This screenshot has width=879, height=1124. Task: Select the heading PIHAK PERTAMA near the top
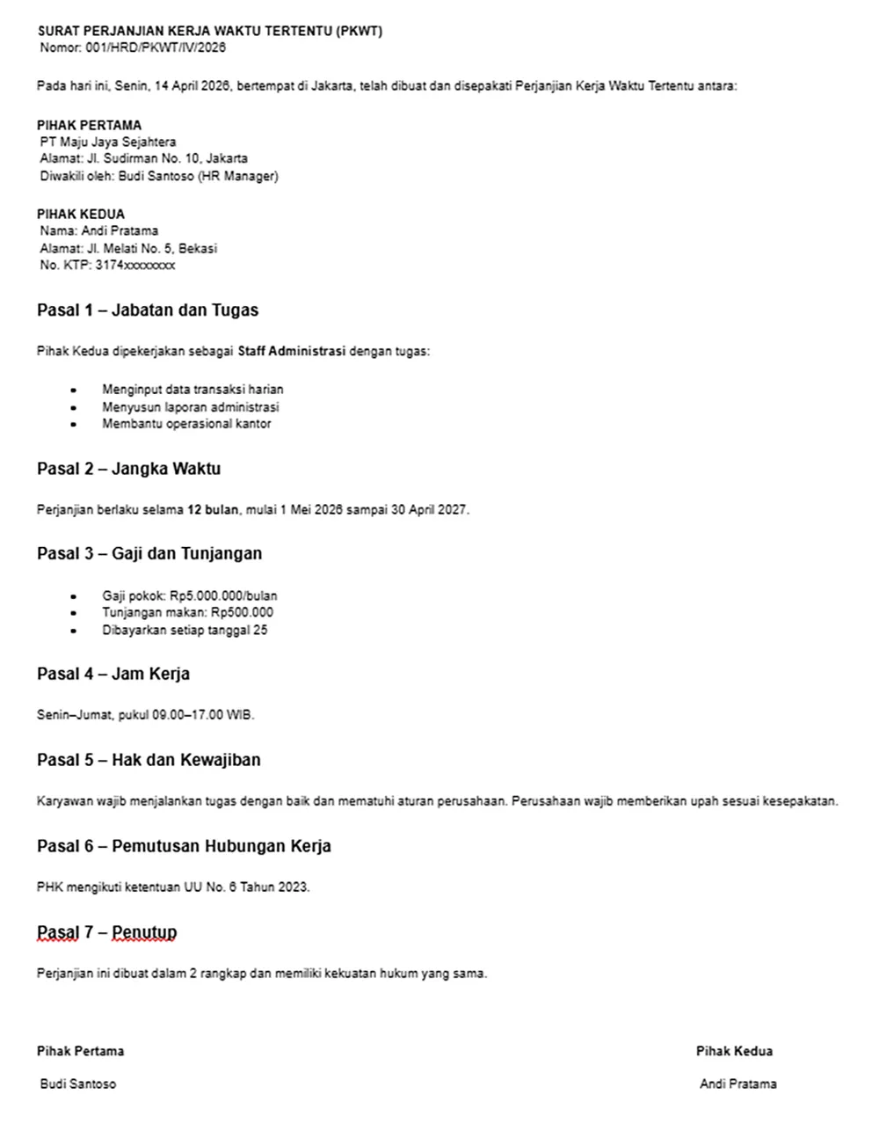89,125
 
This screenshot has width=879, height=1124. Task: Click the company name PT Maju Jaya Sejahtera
108,142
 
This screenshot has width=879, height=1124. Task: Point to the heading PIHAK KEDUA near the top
81,214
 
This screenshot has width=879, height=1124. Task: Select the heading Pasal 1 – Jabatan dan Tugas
148,310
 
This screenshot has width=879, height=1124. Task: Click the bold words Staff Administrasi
292,352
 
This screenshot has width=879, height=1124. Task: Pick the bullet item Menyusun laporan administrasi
190,407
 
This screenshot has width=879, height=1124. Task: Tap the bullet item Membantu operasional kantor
186,424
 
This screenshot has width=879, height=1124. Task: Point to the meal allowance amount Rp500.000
242,612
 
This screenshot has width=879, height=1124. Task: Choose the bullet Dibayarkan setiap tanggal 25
185,630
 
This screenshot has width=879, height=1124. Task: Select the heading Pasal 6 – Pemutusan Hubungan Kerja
184,846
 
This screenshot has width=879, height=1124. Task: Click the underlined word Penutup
144,932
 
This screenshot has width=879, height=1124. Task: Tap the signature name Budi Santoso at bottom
77,1084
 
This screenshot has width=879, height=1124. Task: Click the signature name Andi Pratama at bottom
737,1084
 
